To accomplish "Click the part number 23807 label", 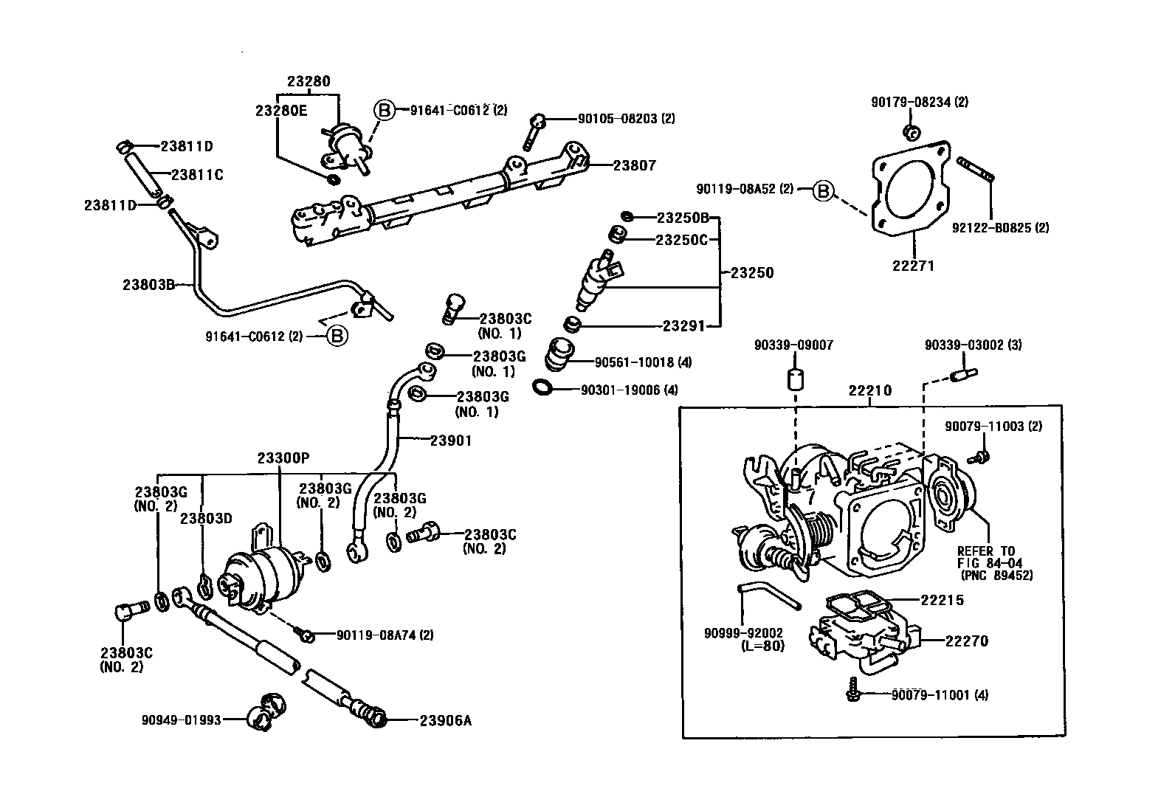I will [x=634, y=166].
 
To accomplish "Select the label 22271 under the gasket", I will [x=913, y=265].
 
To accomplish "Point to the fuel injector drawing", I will [x=599, y=281].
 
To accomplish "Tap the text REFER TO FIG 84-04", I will [x=986, y=557].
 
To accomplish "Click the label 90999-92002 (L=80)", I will [x=743, y=639].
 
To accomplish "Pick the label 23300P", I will [x=283, y=458].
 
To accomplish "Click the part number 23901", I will [x=451, y=441].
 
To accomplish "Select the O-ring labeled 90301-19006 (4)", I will [x=542, y=387].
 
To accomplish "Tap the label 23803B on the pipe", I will [x=148, y=283].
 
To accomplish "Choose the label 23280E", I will [x=280, y=111].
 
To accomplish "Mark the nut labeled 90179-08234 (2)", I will [x=911, y=133].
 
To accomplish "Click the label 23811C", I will [x=197, y=175].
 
